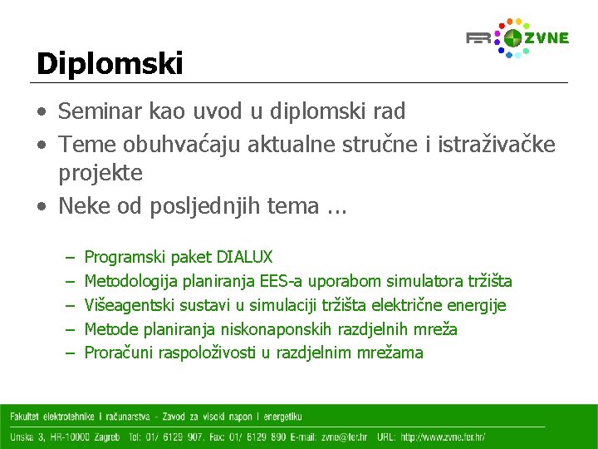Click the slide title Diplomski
tap(109, 64)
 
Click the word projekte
tap(100, 173)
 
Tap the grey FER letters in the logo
tap(479, 38)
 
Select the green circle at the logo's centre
tap(513, 37)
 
